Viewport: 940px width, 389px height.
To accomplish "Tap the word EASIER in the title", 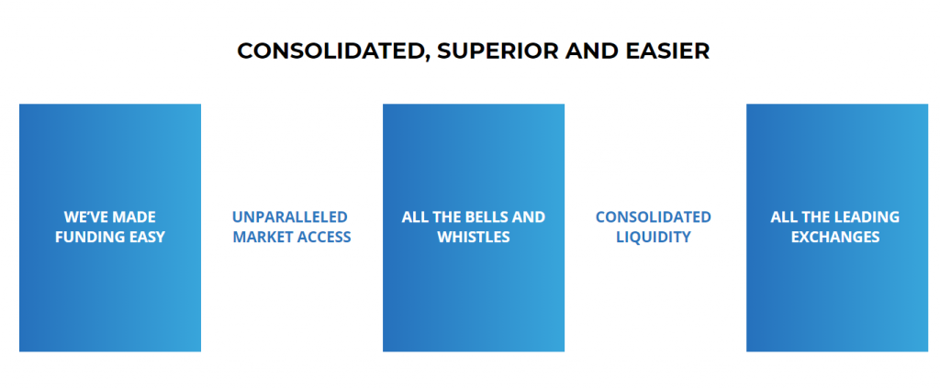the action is tap(668, 51).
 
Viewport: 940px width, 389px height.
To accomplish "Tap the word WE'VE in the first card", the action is tap(84, 217).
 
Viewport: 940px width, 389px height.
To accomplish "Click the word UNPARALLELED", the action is tap(290, 217).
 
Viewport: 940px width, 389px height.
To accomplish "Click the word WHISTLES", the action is tap(474, 237).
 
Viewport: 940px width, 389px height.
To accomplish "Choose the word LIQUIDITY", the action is tap(654, 237).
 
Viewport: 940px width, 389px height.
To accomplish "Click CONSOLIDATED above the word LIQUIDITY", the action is tap(654, 217).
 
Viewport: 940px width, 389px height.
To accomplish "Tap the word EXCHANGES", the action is tap(835, 237).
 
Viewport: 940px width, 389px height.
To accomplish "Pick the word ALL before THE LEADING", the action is tap(782, 217).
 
